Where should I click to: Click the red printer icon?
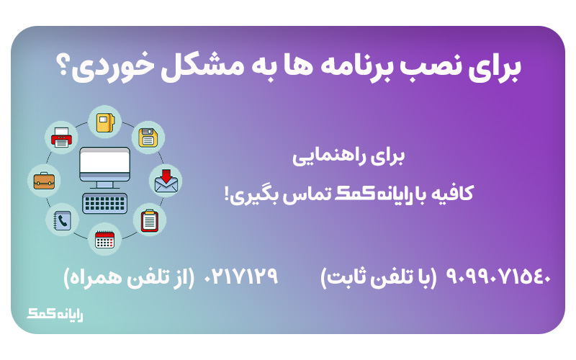61,138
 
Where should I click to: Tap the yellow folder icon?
105,122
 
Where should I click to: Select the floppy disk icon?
148,138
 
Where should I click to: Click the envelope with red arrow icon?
166,181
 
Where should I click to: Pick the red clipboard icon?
149,220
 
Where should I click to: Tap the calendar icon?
104,239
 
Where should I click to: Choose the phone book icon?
62,220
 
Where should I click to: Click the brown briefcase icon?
44,181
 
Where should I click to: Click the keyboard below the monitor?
104,203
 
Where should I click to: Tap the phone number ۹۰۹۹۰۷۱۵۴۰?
498,276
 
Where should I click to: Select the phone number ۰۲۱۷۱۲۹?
240,276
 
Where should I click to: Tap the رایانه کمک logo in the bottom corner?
55,314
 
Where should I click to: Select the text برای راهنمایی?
348,157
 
